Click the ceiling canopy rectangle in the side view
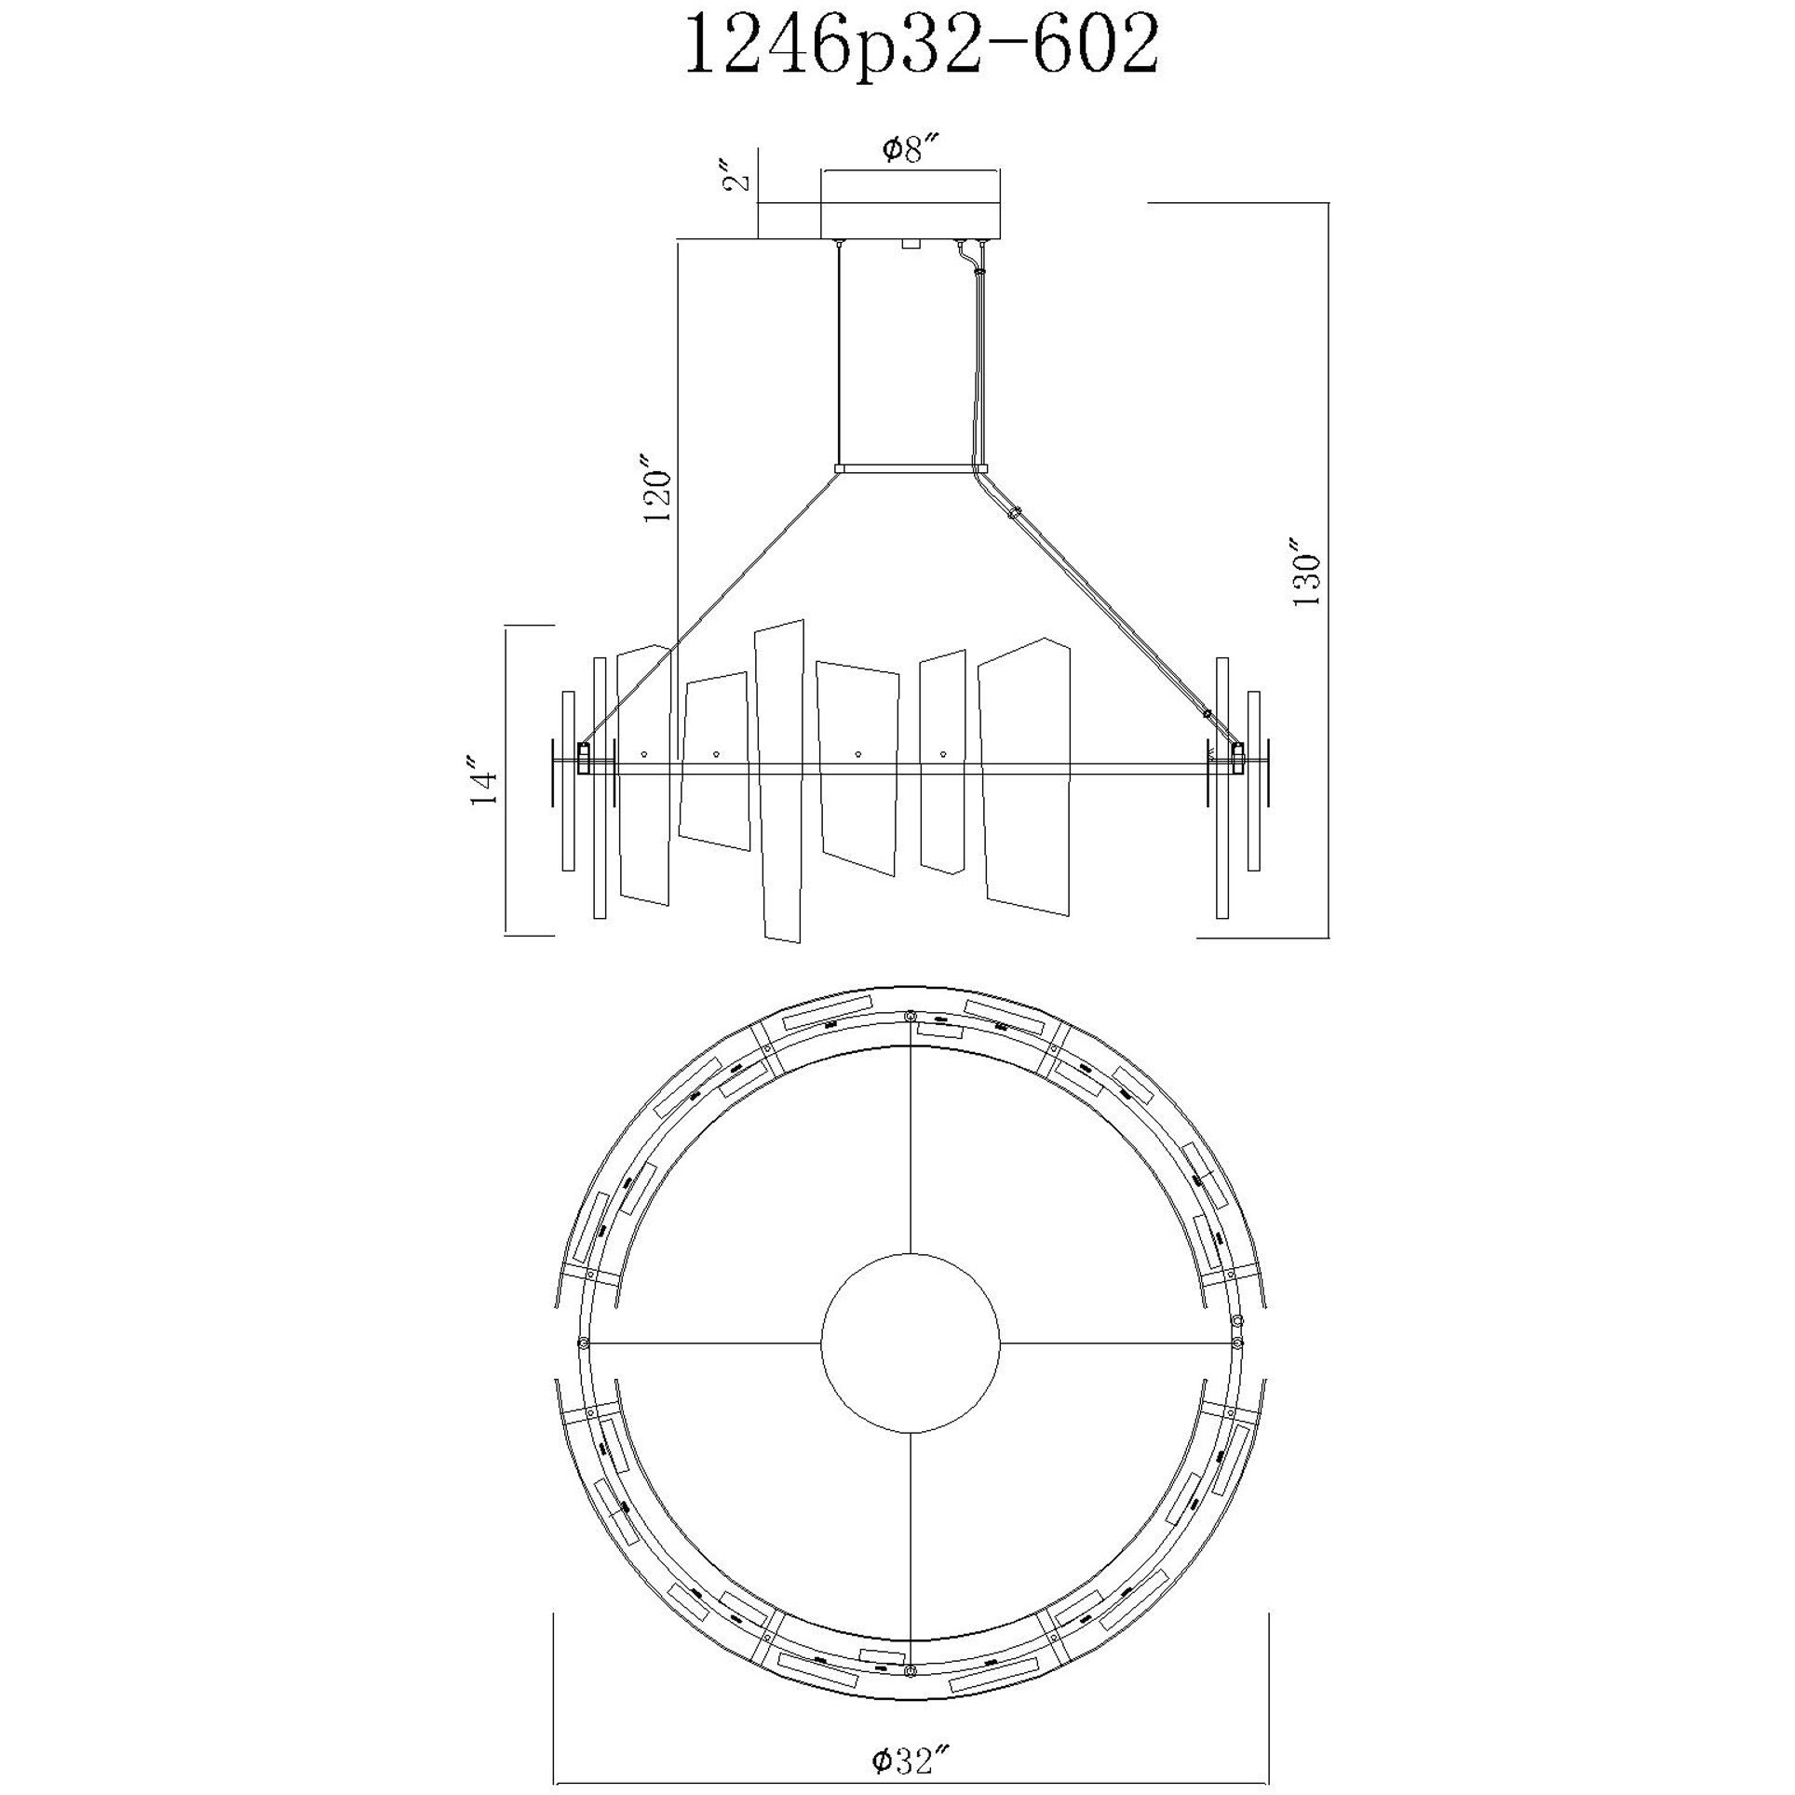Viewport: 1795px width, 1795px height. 910,205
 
